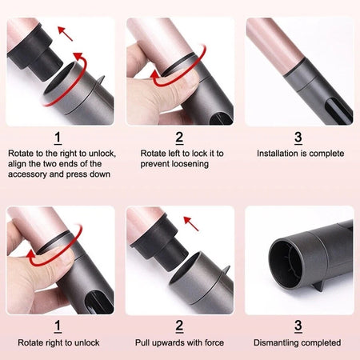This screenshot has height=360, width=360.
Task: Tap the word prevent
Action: (x=156, y=163)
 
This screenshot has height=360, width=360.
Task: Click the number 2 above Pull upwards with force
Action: (x=179, y=326)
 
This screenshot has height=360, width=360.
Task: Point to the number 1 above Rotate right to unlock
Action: (x=58, y=326)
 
